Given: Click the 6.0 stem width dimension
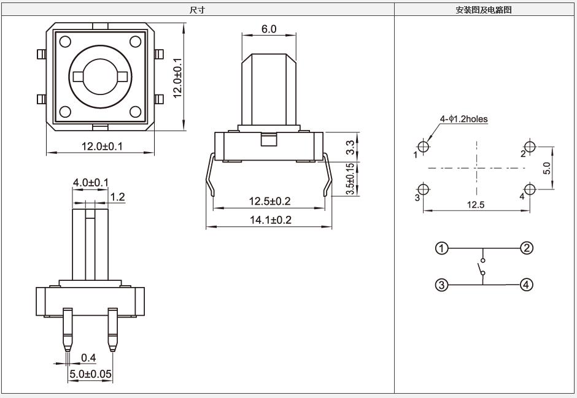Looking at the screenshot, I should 269,29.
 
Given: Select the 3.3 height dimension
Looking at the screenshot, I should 350,147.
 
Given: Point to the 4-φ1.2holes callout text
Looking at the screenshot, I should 463,119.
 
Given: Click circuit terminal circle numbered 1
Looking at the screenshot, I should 441,248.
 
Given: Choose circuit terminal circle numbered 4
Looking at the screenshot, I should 527,285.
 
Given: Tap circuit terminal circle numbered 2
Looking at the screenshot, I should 527,248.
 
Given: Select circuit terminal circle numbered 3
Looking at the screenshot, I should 441,285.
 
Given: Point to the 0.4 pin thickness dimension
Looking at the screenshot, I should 88,357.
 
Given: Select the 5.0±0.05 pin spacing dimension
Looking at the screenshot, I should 90,373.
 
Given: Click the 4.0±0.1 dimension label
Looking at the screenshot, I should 90,183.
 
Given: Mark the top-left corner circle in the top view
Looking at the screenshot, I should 66,42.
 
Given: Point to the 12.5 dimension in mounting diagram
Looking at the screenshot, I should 476,205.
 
